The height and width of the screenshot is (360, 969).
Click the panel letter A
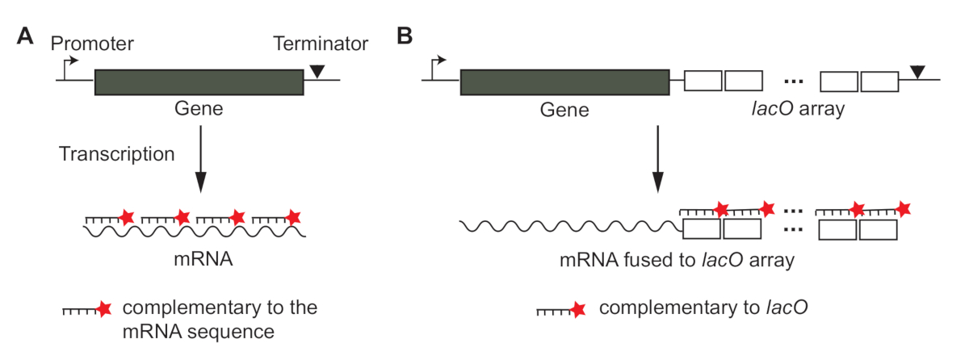point(26,37)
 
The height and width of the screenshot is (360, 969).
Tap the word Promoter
point(90,41)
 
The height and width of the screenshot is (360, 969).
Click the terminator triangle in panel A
point(318,73)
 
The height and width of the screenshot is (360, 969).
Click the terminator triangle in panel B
point(917,73)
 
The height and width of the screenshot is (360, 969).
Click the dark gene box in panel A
point(199,82)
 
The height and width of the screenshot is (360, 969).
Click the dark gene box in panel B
point(564,82)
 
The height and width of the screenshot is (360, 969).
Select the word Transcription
point(116,153)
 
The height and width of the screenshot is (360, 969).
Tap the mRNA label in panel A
point(195,262)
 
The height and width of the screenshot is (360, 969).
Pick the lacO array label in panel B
point(795,109)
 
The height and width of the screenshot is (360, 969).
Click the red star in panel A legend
point(103,310)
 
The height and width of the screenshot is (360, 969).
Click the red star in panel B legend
point(577,310)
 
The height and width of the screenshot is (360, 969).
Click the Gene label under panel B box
point(564,109)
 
